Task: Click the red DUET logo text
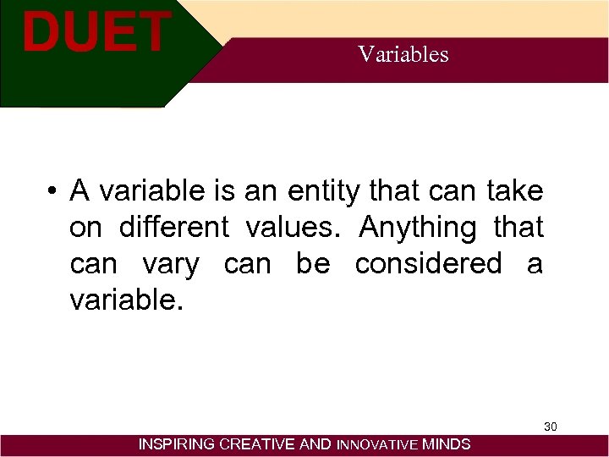pyautogui.click(x=96, y=32)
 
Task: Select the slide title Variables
pyautogui.click(x=403, y=54)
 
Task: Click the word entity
pyautogui.click(x=325, y=192)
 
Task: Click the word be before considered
pyautogui.click(x=313, y=264)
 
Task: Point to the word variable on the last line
pyautogui.click(x=123, y=300)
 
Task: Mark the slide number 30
pyautogui.click(x=550, y=427)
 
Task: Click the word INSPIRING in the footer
pyautogui.click(x=177, y=444)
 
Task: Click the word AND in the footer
pyautogui.click(x=316, y=444)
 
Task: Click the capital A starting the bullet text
pyautogui.click(x=80, y=192)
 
